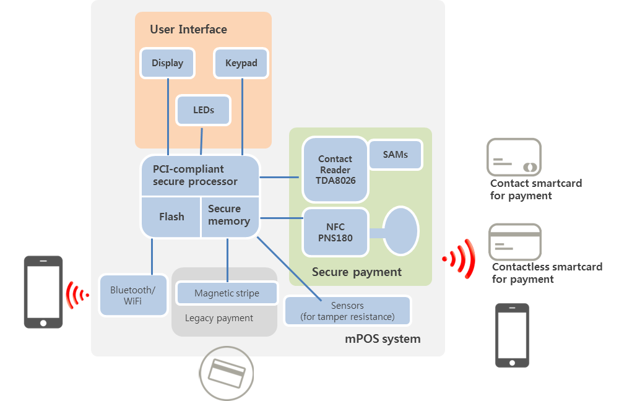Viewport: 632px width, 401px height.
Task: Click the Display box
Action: tap(167, 63)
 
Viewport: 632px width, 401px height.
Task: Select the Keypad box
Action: tap(241, 63)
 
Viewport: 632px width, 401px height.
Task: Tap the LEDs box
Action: tap(204, 110)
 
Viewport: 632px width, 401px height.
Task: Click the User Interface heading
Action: tap(188, 29)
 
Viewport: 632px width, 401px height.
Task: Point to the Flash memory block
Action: tap(171, 217)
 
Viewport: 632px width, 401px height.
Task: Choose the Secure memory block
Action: tap(228, 215)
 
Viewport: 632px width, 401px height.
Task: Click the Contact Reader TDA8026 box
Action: tap(335, 170)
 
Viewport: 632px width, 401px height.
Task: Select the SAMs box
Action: tap(396, 155)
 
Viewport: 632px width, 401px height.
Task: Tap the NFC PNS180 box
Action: tap(335, 232)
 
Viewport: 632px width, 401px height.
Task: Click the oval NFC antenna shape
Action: tap(400, 231)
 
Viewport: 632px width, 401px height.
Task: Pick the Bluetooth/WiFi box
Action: tap(133, 295)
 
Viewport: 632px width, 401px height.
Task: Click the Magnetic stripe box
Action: tap(227, 293)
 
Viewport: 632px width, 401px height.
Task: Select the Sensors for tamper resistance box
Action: tap(347, 311)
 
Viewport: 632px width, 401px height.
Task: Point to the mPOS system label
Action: tap(383, 338)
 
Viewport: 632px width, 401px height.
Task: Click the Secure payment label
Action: tap(357, 272)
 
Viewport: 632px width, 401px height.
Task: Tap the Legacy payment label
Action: tap(219, 318)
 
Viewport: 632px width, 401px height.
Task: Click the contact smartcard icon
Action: tap(514, 158)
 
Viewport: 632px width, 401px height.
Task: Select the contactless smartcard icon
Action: tap(515, 241)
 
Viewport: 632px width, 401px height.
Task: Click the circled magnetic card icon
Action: tap(227, 373)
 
